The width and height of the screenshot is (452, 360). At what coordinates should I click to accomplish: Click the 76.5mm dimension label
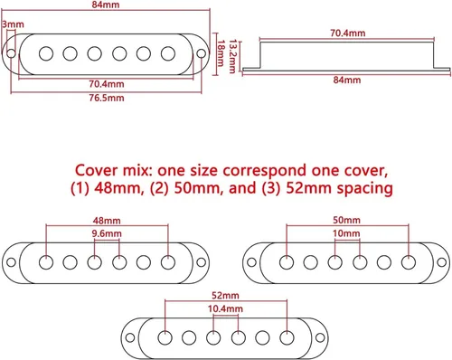point(107,98)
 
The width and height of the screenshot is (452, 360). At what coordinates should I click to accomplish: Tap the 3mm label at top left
point(13,24)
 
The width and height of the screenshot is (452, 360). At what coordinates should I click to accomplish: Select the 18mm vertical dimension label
point(221,53)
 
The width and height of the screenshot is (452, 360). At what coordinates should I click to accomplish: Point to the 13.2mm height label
point(231,56)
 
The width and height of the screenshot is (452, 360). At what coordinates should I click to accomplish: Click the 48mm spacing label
point(107,221)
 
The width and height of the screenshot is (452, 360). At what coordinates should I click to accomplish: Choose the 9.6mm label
point(107,233)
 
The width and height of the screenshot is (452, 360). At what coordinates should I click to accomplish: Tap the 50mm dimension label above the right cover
point(346,220)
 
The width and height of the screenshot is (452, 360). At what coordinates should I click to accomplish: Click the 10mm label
point(346,233)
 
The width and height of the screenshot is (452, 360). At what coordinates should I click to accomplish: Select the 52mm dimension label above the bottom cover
point(225,296)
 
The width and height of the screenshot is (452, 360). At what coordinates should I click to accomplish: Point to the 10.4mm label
point(225,308)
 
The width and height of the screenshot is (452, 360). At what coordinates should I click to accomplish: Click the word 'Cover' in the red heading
point(96,170)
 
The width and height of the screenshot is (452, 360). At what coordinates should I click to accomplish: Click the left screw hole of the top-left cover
point(11,53)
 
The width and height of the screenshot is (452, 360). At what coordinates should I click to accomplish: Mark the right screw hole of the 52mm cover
point(320,337)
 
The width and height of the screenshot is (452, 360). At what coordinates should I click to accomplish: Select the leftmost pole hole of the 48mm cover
point(46,262)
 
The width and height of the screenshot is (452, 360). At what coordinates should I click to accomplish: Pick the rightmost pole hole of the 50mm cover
point(409,262)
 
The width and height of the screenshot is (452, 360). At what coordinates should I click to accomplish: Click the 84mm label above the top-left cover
point(106,5)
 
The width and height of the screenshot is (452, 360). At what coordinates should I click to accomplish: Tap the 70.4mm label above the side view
point(348,33)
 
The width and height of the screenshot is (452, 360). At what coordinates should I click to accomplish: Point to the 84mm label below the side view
point(347,80)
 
